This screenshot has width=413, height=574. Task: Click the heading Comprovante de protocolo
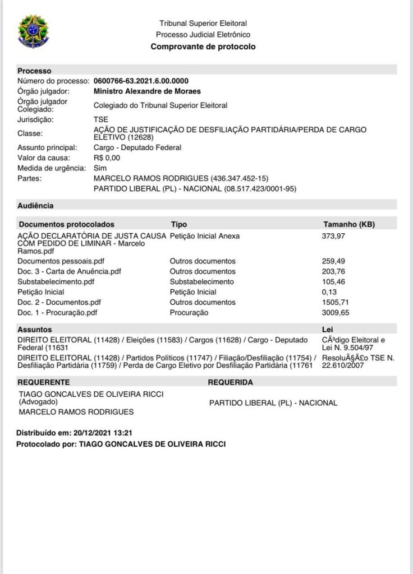(203, 47)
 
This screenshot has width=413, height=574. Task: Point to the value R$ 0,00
(107, 158)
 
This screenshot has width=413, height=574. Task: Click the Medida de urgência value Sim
(100, 168)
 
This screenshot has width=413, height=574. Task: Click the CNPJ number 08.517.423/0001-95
(260, 188)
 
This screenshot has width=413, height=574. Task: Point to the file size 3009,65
(334, 312)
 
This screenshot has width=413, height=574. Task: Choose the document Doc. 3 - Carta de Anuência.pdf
(69, 271)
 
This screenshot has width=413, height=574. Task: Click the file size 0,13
(329, 292)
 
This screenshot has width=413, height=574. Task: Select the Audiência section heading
(35, 206)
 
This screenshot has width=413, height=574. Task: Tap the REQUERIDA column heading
(230, 382)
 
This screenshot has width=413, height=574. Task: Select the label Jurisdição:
(36, 120)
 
